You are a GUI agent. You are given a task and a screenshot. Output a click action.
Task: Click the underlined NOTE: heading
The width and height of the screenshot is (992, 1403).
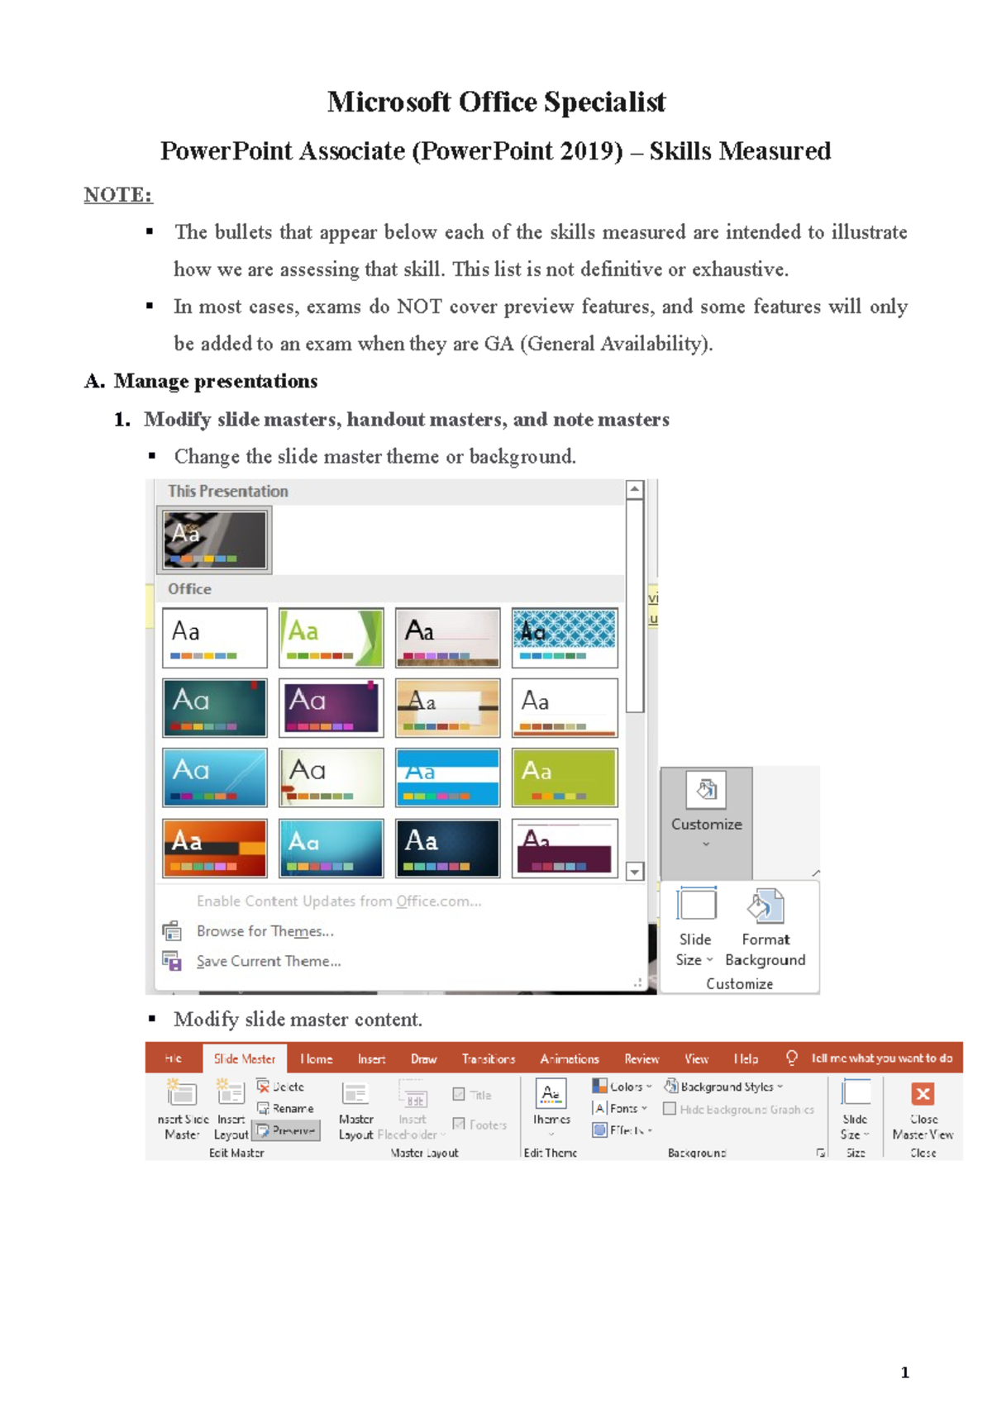[118, 195]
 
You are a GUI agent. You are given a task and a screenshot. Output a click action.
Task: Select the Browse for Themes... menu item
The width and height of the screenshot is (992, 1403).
[265, 931]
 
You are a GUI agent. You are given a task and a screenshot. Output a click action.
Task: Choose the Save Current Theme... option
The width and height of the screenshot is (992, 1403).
[268, 961]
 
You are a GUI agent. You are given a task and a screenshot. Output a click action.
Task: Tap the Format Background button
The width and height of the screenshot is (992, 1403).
[765, 926]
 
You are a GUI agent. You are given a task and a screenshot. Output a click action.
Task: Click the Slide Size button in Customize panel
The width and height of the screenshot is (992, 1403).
[695, 926]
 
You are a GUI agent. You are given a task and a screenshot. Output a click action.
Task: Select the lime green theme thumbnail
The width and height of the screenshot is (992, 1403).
[565, 777]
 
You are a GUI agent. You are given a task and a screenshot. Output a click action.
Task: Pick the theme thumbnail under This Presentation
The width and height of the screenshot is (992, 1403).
[214, 540]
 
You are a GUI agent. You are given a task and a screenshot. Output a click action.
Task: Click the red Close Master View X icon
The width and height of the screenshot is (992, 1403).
[923, 1094]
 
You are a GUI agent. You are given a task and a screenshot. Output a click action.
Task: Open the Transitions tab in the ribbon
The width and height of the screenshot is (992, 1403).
[488, 1058]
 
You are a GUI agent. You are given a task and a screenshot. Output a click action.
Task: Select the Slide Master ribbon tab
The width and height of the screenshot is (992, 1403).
[245, 1058]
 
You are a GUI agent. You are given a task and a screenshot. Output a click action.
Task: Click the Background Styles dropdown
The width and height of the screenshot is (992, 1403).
[724, 1087]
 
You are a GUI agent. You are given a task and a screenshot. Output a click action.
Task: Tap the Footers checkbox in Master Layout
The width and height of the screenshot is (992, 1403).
[459, 1124]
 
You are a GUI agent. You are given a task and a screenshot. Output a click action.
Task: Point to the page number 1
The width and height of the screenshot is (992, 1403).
[904, 1372]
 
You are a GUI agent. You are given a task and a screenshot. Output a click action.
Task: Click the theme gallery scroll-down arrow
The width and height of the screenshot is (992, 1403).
[635, 871]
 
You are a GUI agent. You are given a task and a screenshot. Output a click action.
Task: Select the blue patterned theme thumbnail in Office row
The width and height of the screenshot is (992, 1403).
[565, 637]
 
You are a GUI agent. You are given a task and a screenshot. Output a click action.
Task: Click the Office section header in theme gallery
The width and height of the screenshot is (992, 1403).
[190, 589]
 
